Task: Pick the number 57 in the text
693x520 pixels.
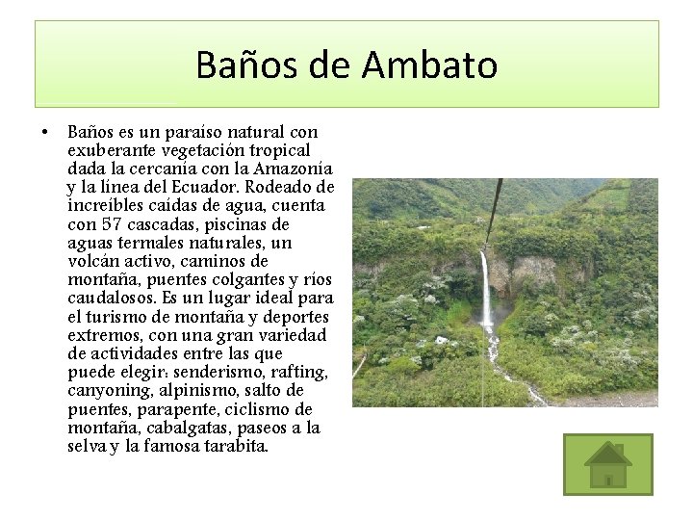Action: click(x=112, y=224)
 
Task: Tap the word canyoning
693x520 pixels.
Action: click(x=107, y=390)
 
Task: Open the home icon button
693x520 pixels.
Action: click(x=607, y=464)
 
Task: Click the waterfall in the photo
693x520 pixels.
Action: click(x=486, y=289)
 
